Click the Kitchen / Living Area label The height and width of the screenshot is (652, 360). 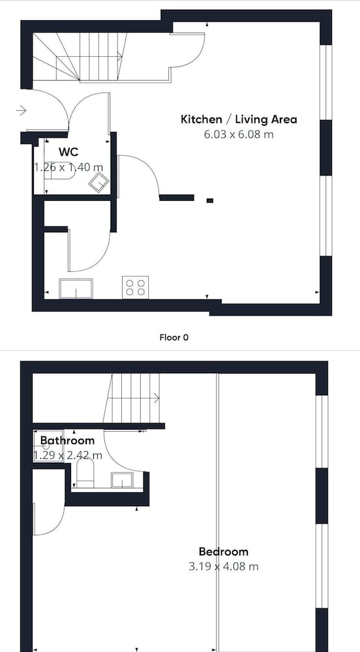pos(239,120)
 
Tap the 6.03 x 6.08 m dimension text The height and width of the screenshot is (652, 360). pos(239,135)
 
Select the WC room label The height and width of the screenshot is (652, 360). pos(68,152)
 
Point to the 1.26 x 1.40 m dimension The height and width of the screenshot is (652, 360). pos(68,167)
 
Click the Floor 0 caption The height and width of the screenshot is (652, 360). pos(173,337)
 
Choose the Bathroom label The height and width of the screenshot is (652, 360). pos(67,440)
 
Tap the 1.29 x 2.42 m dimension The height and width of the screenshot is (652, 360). pos(68,455)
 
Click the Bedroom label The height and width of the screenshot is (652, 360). pos(224,552)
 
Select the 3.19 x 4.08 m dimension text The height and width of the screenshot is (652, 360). pos(224,567)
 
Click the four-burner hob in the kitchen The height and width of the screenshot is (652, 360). pos(136,288)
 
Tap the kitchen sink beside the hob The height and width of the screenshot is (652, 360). pos(76,289)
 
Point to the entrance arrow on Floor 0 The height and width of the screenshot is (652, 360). pos(22,110)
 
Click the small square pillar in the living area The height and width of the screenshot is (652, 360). pos(210,200)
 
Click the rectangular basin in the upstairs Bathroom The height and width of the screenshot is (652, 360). pos(122,480)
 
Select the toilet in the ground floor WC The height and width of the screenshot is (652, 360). pos(59,176)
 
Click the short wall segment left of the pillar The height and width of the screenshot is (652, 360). pos(177,198)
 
